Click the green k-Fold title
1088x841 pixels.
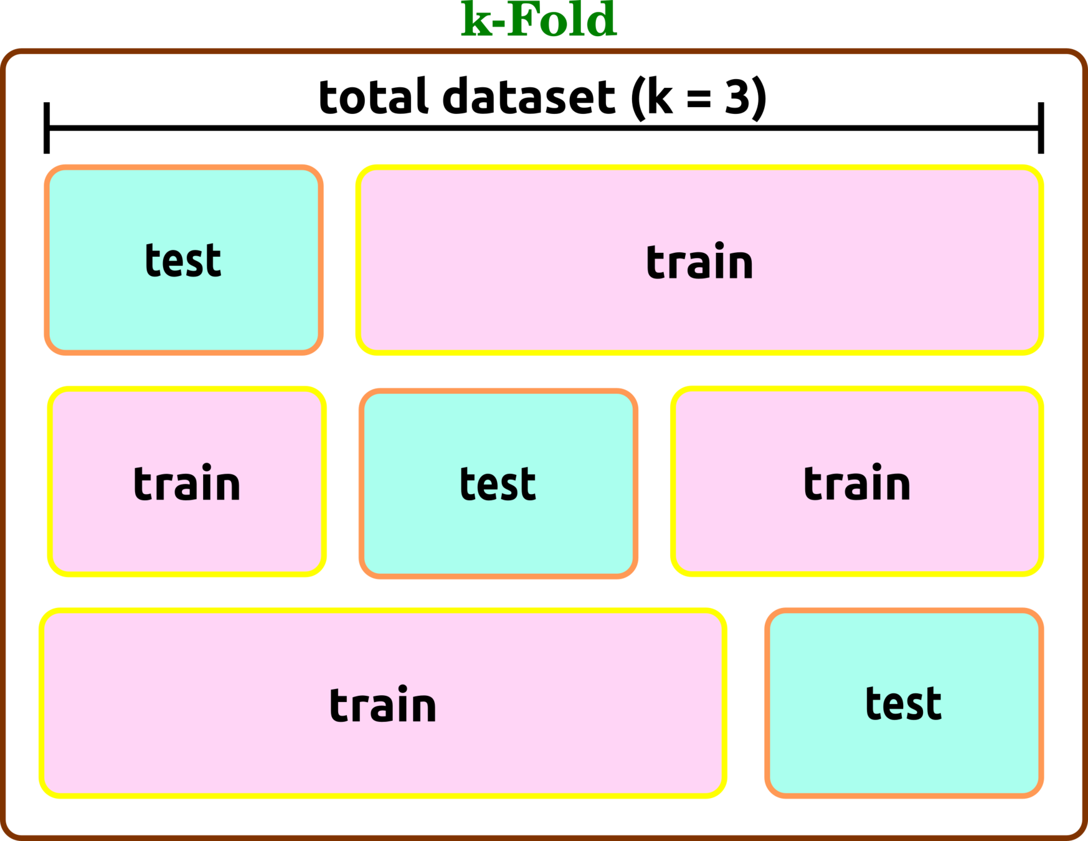539,20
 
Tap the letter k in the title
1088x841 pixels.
476,21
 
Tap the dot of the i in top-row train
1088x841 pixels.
719,246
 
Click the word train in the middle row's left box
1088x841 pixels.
187,483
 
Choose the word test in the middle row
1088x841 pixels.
498,484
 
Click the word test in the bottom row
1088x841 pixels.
903,704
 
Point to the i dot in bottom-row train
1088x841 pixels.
403,689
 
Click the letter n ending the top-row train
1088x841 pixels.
741,265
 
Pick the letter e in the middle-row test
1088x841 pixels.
486,487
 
